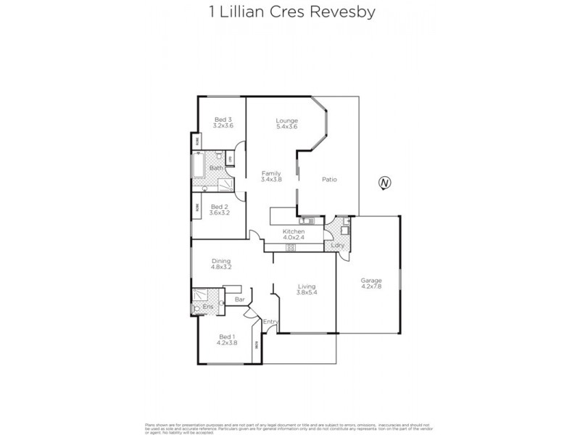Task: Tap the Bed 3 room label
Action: tap(223, 120)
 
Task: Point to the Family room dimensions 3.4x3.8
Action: tap(271, 179)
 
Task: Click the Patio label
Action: tap(329, 180)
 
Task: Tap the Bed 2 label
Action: tap(219, 206)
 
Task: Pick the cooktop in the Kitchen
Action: tap(291, 248)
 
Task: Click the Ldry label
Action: tap(336, 246)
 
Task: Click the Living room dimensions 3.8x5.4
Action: tap(306, 293)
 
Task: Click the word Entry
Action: tap(270, 321)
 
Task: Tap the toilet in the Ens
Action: tap(198, 308)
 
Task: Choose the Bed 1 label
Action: tap(227, 336)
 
